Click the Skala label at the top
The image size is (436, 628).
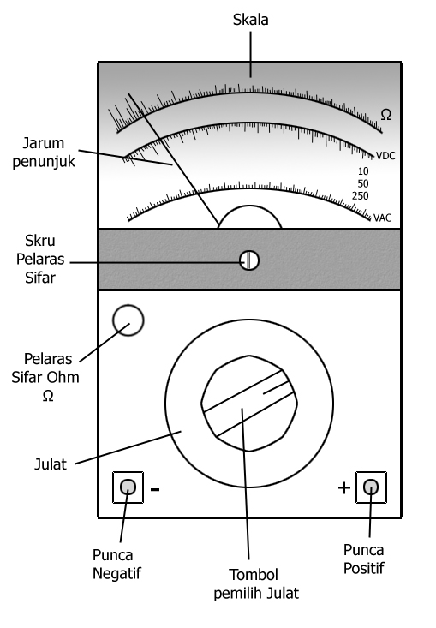(251, 20)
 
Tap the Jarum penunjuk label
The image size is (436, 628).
(44, 153)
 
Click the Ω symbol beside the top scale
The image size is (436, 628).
(386, 115)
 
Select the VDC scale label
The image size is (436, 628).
(385, 156)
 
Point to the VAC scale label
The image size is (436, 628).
(382, 218)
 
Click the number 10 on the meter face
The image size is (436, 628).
(363, 171)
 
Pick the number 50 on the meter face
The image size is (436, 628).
(363, 184)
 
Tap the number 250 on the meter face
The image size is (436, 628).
(361, 196)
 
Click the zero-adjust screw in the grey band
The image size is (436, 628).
(249, 260)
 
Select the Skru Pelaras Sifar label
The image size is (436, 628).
(40, 259)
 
